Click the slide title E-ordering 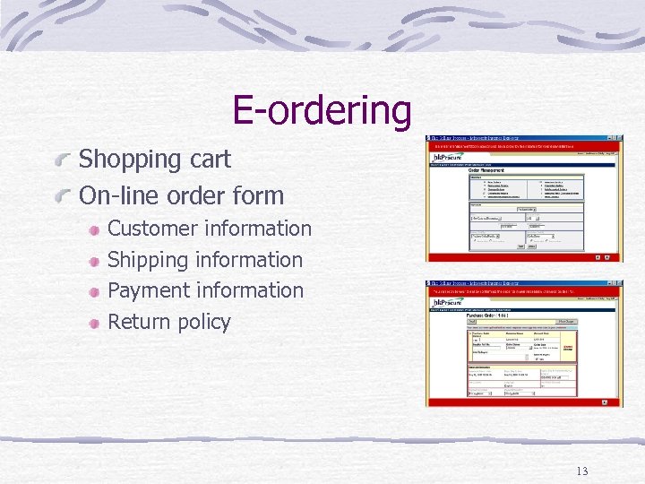point(322,111)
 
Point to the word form point(256,195)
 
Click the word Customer point(154,229)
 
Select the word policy point(202,322)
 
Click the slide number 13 point(582,471)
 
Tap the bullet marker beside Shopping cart point(63,160)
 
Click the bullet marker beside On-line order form point(63,196)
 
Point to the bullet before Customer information point(94,230)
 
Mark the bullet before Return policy point(94,322)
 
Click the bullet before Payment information point(94,291)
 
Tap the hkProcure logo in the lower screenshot point(448,303)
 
